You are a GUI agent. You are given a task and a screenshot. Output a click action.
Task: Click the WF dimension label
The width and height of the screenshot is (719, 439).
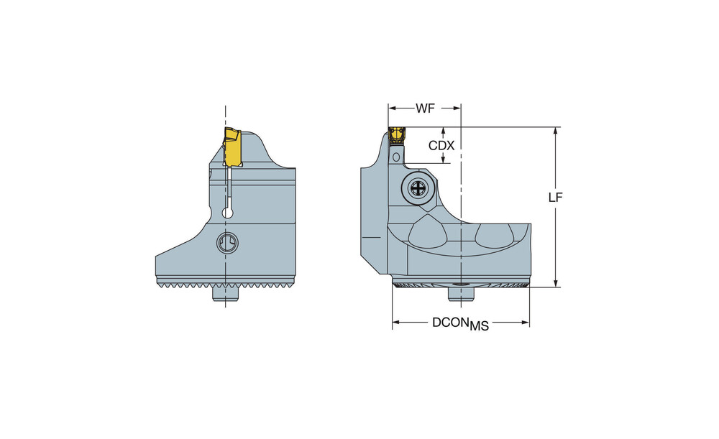coord(425,108)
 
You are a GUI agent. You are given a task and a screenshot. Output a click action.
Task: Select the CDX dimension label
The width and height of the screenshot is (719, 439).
coord(441,146)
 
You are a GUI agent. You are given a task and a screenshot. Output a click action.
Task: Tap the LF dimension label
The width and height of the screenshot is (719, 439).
coord(556,197)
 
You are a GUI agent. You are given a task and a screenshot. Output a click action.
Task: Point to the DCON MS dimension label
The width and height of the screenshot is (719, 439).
coord(460,323)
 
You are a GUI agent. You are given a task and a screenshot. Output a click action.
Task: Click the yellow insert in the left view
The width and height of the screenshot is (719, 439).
coord(232,147)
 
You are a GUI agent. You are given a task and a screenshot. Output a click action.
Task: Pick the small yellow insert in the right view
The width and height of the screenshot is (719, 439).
coord(397,136)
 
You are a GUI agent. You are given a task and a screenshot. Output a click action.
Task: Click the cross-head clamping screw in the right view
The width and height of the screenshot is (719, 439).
coord(418,188)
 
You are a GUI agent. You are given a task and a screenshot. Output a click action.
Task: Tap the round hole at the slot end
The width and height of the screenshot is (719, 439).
coord(228,213)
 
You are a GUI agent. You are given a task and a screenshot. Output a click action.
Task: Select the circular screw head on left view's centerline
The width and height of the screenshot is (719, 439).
coord(226,242)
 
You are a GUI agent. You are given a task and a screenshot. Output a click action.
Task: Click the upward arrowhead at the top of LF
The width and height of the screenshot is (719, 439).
coord(556,131)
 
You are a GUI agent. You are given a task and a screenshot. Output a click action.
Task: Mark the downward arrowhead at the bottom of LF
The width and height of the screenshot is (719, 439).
coord(556,283)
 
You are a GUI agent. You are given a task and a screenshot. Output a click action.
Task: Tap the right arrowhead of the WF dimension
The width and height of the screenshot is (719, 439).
coord(457,108)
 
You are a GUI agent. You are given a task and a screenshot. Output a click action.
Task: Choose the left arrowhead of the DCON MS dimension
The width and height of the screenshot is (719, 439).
coord(397,323)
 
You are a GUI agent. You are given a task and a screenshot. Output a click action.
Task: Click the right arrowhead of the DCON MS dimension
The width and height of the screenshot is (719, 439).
coord(525,323)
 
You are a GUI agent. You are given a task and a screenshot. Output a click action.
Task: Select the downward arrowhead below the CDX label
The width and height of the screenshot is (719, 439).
coord(444,159)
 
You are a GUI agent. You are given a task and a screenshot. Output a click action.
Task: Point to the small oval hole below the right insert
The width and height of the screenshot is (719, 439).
coord(395,157)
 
